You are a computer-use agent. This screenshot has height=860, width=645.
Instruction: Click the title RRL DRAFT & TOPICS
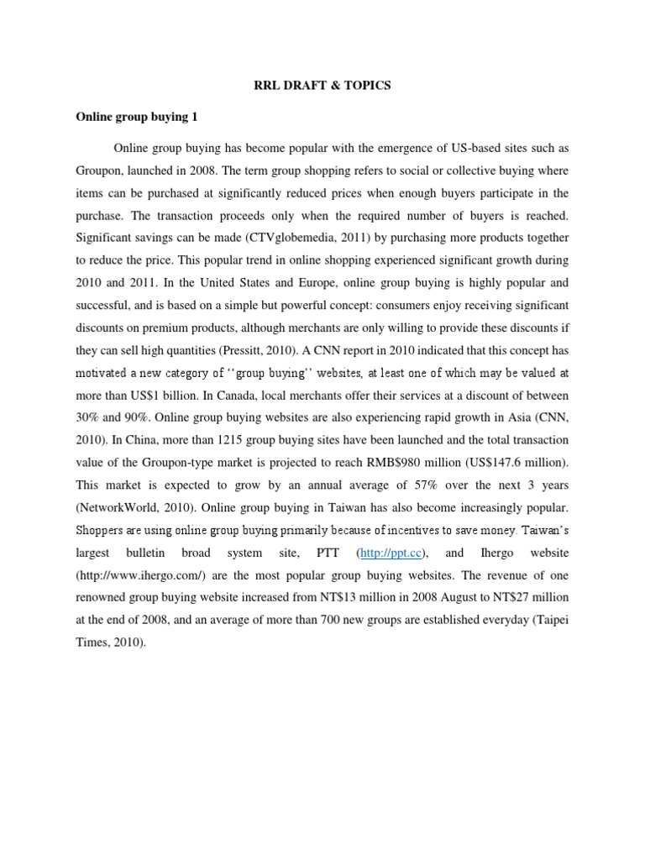tap(322, 86)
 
